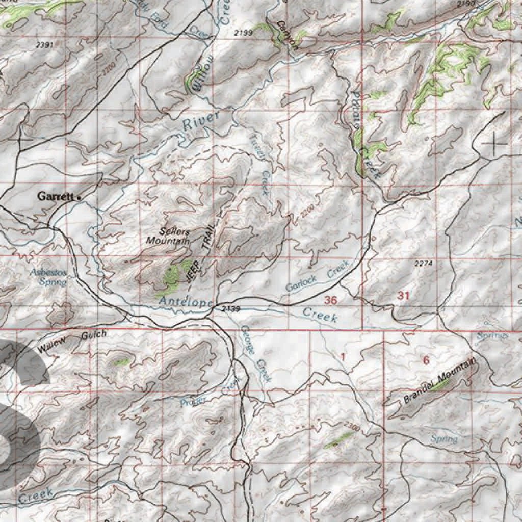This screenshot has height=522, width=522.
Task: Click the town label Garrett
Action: click(57, 196)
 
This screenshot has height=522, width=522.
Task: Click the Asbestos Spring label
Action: click(48, 277)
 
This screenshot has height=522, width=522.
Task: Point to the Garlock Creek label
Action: click(317, 277)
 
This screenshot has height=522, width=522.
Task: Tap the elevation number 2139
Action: click(231, 309)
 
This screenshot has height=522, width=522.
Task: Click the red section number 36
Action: click(330, 300)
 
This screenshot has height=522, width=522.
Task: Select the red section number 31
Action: click(403, 295)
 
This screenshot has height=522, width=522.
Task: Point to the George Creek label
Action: click(256, 354)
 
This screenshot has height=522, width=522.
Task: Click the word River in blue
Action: click(201, 120)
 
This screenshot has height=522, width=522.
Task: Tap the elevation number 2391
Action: click(45, 45)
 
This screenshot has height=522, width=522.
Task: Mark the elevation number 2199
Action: click(243, 33)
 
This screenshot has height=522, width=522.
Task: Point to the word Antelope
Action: click(185, 302)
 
